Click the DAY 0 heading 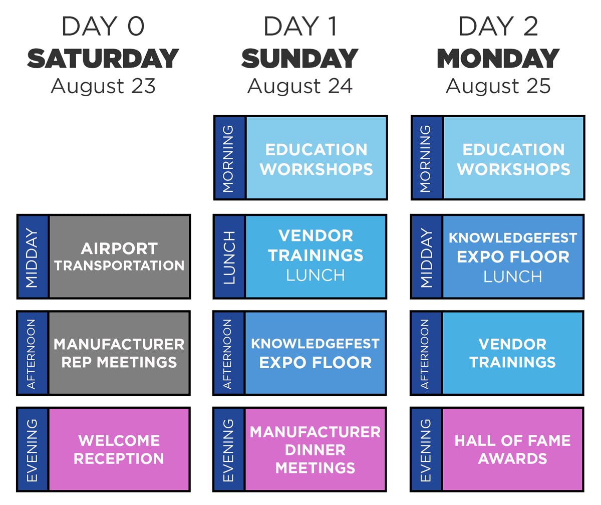click(x=103, y=26)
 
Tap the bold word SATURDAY click(x=103, y=59)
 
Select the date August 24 click(x=300, y=86)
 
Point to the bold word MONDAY click(x=498, y=59)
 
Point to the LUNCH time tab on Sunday click(x=229, y=257)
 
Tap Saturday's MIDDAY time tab click(x=33, y=257)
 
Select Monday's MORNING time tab click(x=427, y=158)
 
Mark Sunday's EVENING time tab click(x=229, y=449)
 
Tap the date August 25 click(x=498, y=86)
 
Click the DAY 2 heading click(x=498, y=26)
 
